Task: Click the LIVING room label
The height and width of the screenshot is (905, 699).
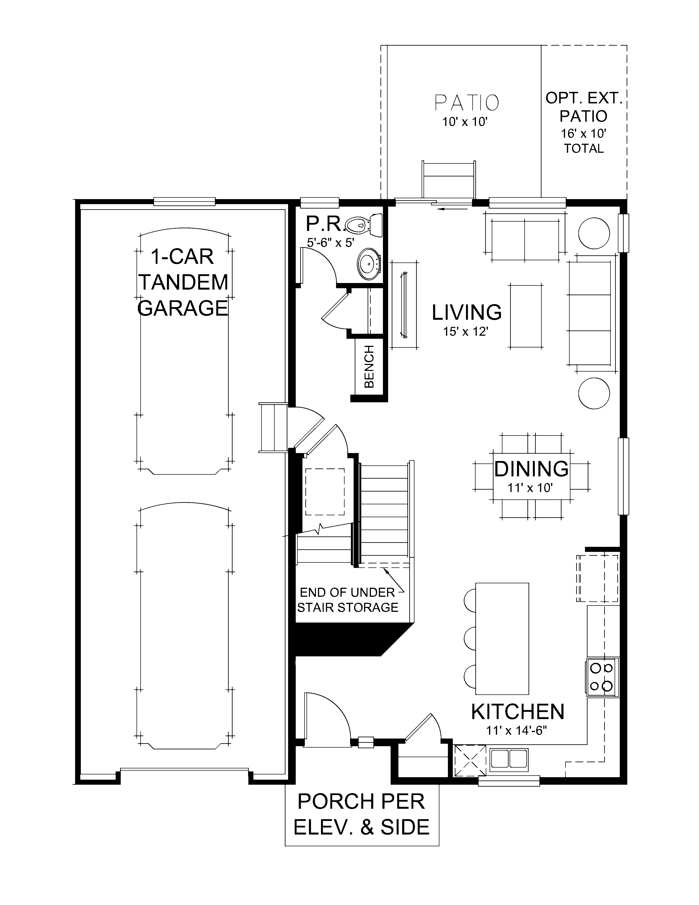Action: [467, 312]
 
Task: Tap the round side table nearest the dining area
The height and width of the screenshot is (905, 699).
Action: [594, 393]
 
